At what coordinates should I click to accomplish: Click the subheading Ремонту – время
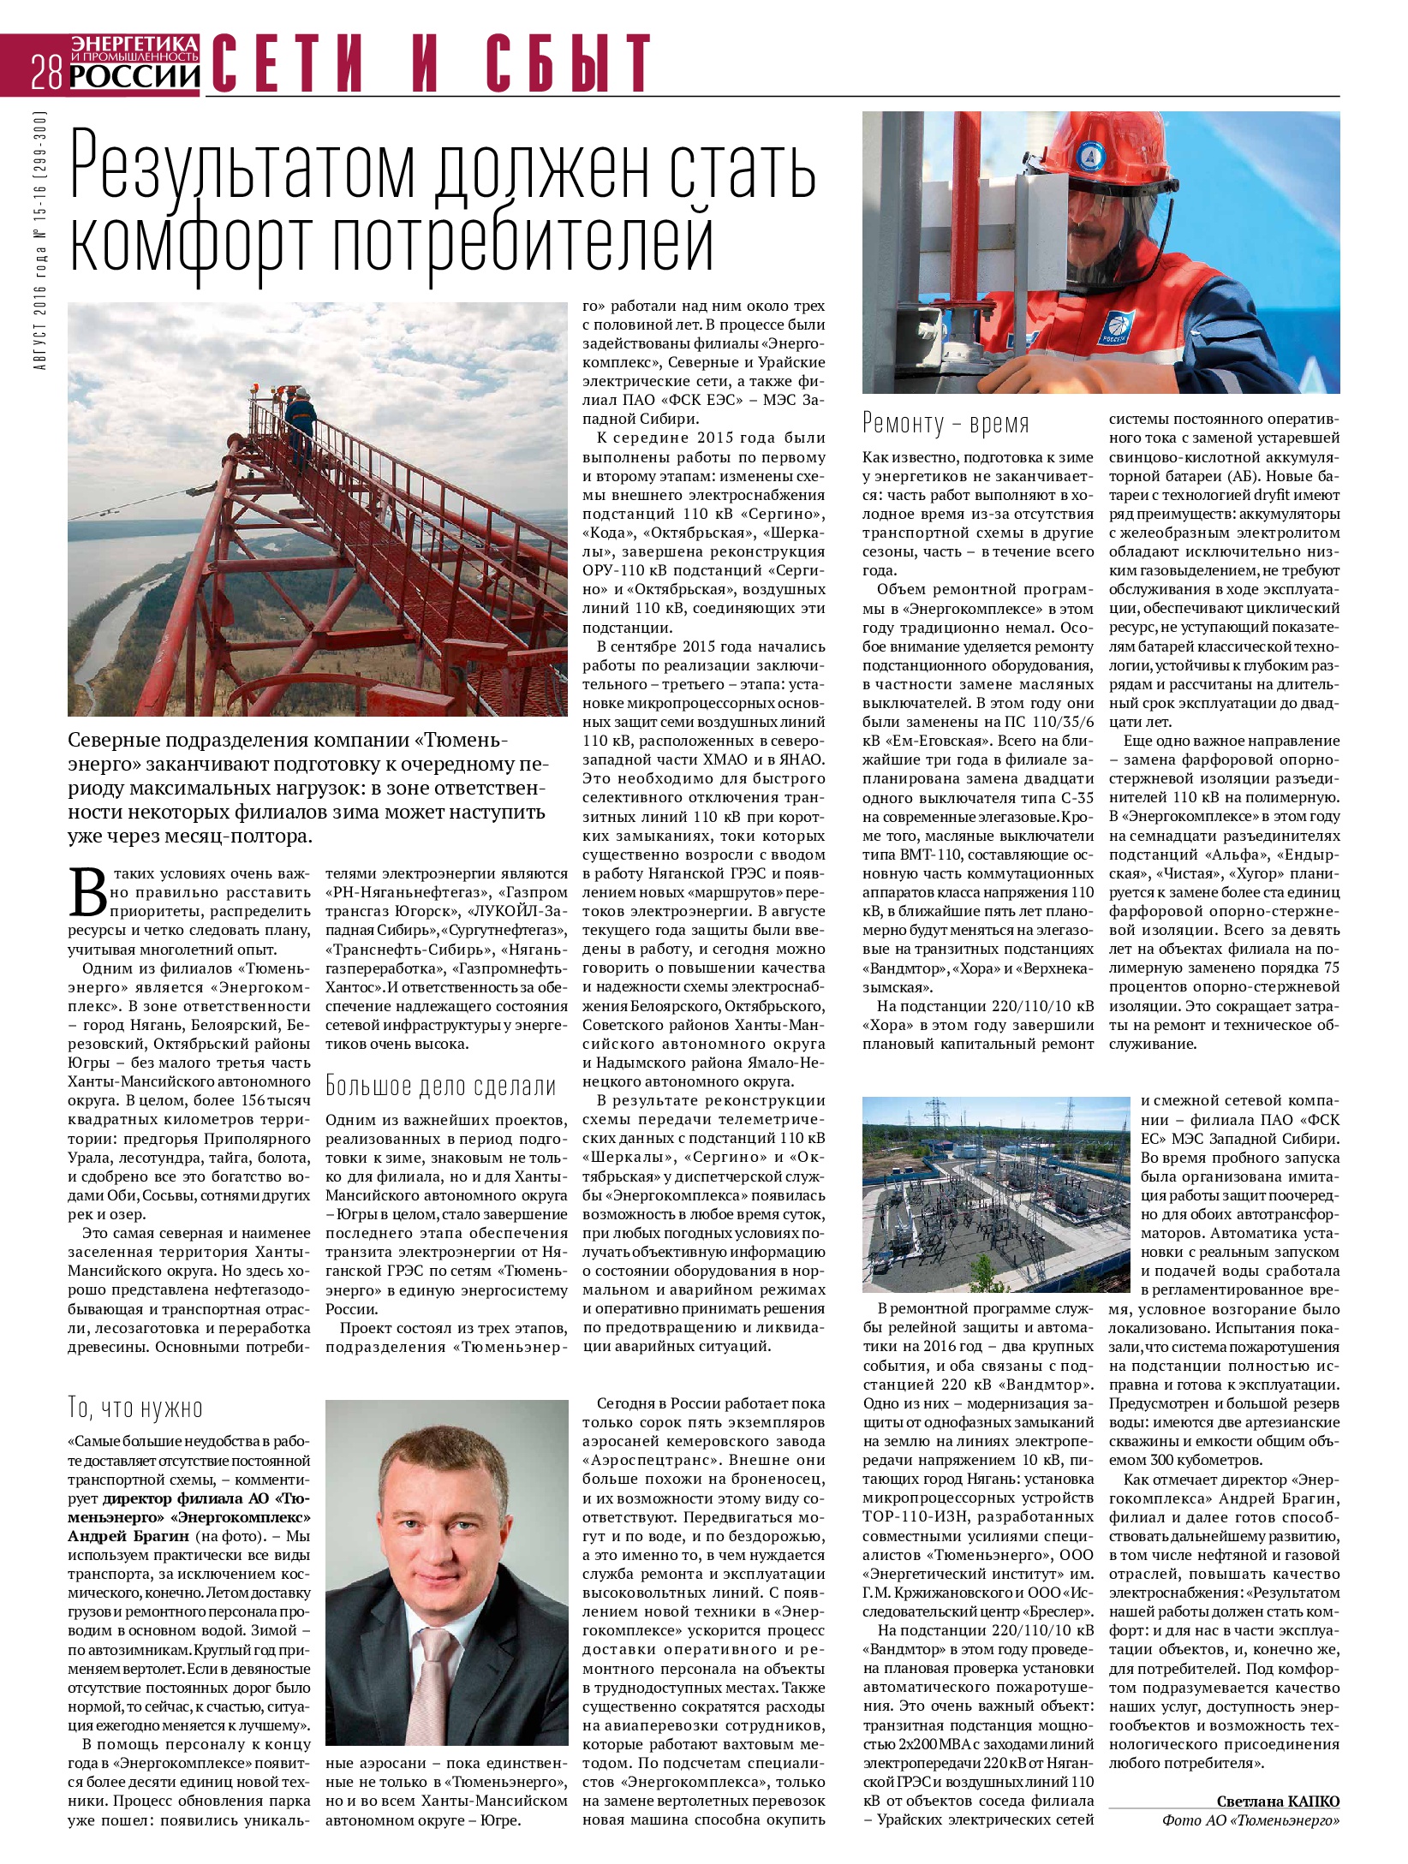click(x=946, y=424)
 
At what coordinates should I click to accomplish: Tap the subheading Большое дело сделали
click(x=441, y=1087)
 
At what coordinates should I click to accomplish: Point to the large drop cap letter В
click(x=88, y=892)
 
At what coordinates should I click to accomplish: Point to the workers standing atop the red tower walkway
click(x=295, y=412)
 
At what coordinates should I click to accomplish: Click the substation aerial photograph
click(x=996, y=1194)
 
